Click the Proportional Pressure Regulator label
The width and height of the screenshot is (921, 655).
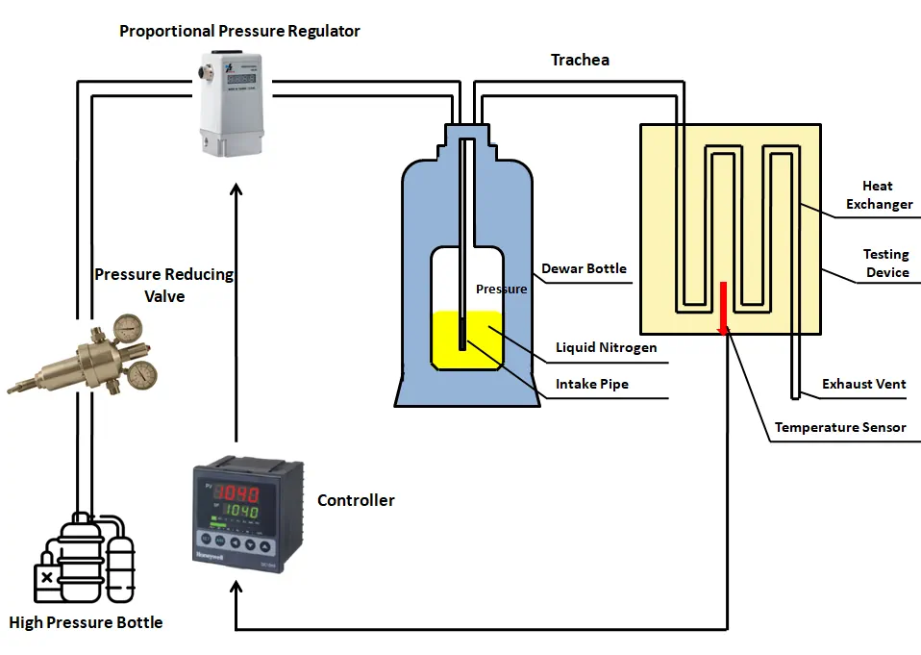(x=239, y=31)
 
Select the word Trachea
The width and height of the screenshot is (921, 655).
(x=580, y=60)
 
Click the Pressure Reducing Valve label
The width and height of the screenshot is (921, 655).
(x=164, y=285)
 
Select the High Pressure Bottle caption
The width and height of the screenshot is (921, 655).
(x=86, y=622)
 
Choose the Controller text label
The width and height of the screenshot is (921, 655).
(x=356, y=500)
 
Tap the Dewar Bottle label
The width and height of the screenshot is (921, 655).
(x=584, y=268)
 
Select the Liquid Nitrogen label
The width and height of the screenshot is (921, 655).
(x=606, y=347)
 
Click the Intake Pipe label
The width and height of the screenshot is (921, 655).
(x=592, y=384)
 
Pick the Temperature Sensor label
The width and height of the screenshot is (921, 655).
(x=840, y=427)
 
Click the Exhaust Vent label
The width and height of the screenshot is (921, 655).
(x=863, y=384)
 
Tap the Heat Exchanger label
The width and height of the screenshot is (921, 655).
(x=879, y=194)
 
